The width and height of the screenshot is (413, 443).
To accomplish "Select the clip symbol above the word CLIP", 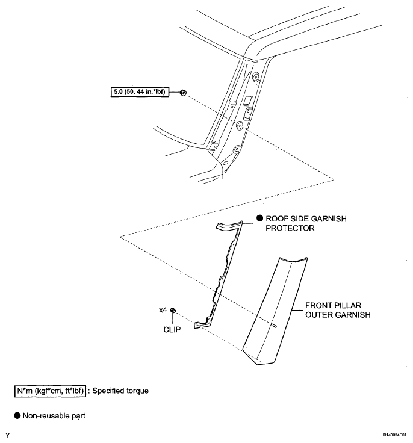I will click(173, 310).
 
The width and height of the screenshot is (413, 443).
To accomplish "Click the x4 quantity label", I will click(163, 310).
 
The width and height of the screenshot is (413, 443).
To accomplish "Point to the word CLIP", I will click(173, 330).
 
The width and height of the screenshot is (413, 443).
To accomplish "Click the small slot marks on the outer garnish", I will click(273, 326).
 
